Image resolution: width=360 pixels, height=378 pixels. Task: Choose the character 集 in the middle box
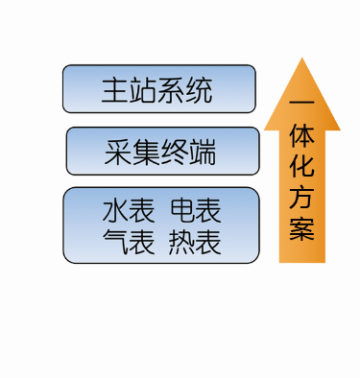coord(146,152)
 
